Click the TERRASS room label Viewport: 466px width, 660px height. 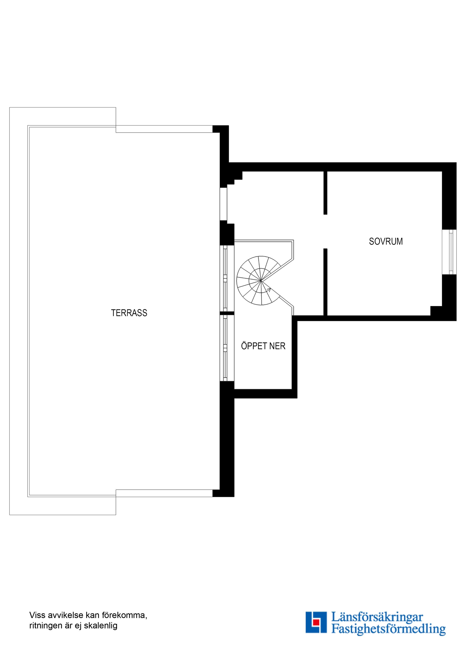[129, 313]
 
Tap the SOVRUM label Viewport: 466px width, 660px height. [386, 241]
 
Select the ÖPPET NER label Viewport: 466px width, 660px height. [263, 346]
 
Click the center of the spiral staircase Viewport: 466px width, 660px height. [261, 280]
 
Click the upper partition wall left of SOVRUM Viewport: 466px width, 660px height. [325, 193]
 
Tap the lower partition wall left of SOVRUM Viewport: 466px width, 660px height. [325, 282]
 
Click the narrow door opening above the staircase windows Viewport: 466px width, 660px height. [223, 204]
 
